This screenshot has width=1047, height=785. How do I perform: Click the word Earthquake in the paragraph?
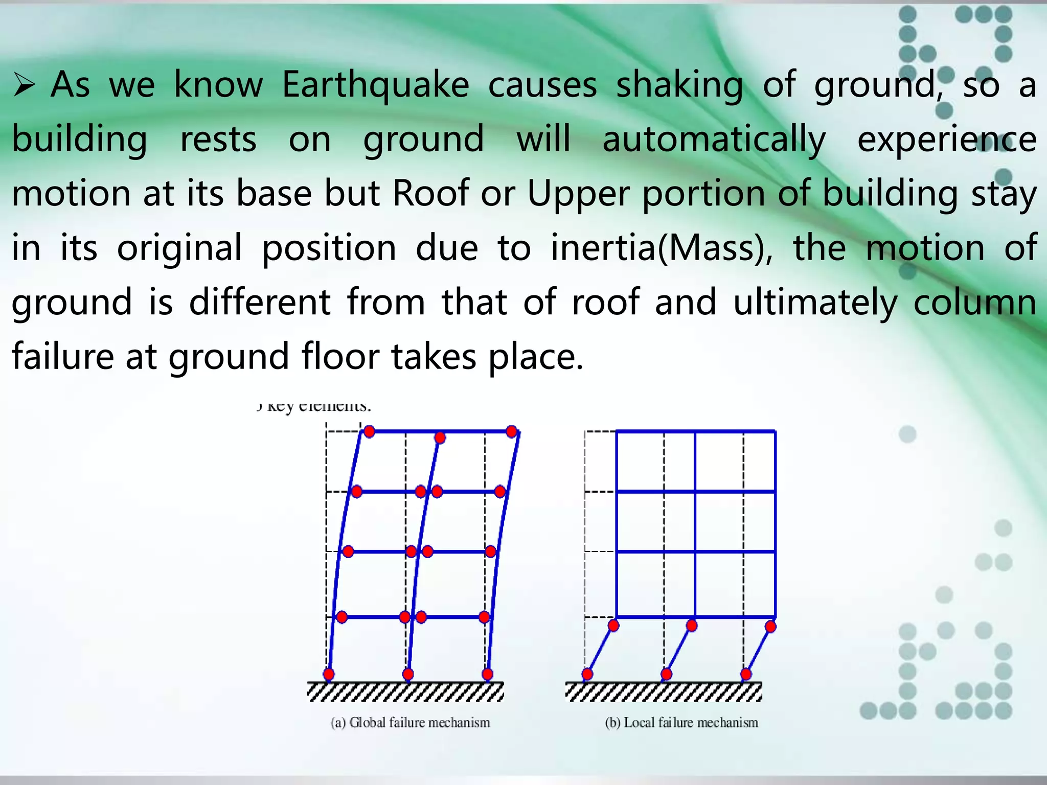(x=375, y=85)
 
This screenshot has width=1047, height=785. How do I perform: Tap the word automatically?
(x=714, y=140)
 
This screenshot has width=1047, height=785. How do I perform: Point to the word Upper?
(x=578, y=194)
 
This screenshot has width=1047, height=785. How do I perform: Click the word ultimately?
(x=815, y=303)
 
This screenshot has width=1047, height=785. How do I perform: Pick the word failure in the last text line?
(x=62, y=356)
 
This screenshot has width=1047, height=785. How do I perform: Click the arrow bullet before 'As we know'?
(x=24, y=85)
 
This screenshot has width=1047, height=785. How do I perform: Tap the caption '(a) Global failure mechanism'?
(x=410, y=723)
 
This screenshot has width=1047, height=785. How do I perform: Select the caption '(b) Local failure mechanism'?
(x=681, y=723)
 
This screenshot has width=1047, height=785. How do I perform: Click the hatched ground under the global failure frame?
(x=405, y=692)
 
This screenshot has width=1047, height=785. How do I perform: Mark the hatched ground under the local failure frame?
(x=664, y=692)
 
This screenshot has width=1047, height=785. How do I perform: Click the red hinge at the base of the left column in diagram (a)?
(x=329, y=674)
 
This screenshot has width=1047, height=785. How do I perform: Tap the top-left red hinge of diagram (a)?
(x=369, y=432)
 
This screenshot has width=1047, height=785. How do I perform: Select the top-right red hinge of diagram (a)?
(x=512, y=432)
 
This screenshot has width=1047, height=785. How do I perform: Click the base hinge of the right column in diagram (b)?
(x=746, y=674)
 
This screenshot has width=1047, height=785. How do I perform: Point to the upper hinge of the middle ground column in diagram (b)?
(x=692, y=626)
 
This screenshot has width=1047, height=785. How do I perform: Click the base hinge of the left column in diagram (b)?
(x=587, y=674)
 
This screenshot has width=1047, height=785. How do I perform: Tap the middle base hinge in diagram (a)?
(x=408, y=674)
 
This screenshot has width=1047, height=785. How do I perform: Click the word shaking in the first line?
(x=679, y=85)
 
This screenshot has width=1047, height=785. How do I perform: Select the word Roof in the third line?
(x=430, y=194)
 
